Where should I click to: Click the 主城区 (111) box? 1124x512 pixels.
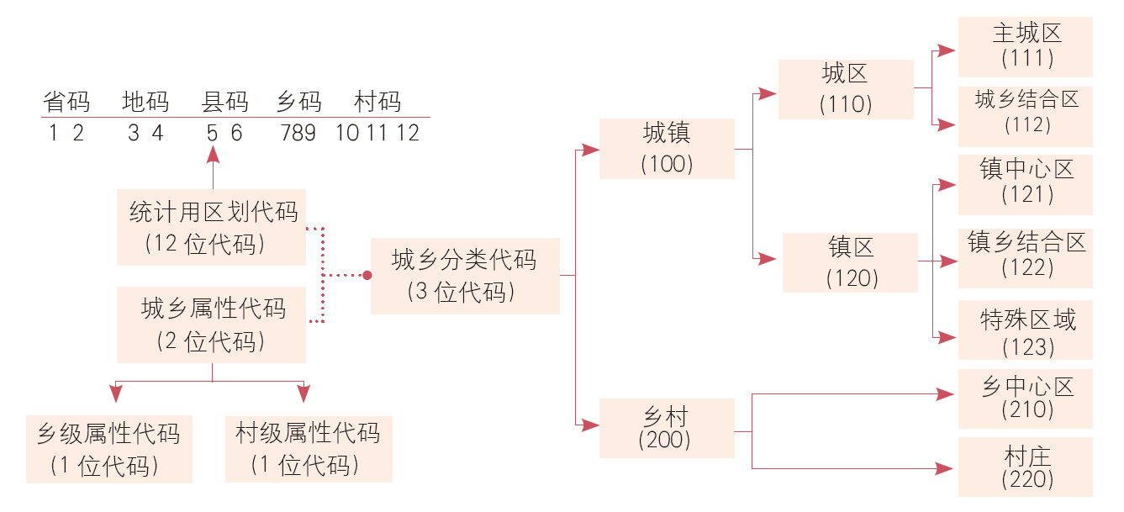point(1026,46)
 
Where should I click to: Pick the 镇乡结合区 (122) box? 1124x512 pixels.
point(1026,255)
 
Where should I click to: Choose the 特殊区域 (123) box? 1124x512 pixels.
point(1026,330)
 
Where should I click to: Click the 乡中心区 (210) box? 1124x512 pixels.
point(1026,399)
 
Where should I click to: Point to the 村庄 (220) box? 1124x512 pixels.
point(1026,467)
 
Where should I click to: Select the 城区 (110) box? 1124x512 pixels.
point(846,89)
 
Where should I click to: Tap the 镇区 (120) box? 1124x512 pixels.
point(850,262)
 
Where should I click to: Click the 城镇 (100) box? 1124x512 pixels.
point(667,148)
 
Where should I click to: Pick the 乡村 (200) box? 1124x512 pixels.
point(667,428)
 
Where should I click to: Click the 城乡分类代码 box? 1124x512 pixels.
point(465,276)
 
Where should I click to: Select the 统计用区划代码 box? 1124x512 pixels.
point(211,227)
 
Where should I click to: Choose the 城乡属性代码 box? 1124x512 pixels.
point(211,325)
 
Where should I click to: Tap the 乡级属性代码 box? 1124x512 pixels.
point(109,449)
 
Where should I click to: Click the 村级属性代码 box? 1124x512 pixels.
point(309,449)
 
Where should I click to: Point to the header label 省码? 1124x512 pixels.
point(66,103)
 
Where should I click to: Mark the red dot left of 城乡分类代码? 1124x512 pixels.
point(367,275)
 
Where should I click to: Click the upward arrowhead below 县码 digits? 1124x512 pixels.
point(213,155)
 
